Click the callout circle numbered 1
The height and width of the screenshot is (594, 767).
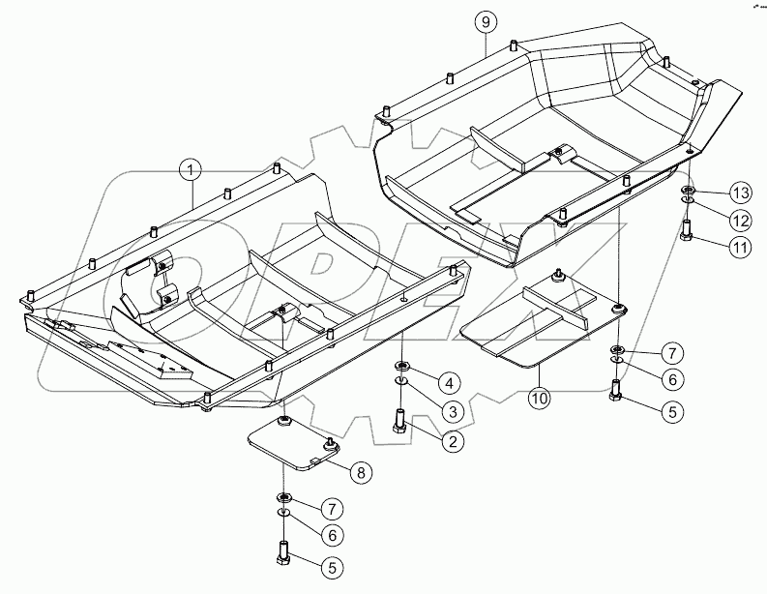pos(192,170)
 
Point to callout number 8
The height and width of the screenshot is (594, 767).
pos(360,473)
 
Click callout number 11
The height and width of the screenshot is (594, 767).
pos(740,248)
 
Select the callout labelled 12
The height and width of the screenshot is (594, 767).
pos(740,219)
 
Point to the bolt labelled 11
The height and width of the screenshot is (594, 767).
pos(687,232)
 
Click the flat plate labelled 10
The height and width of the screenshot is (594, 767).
pos(542,325)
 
